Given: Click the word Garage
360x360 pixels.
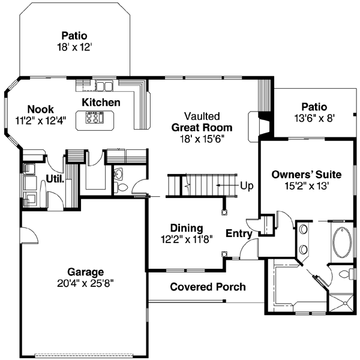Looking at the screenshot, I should point(85,271).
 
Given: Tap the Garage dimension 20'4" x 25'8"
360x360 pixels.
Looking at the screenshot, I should point(85,282).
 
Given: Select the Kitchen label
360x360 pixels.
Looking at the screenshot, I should point(101,103).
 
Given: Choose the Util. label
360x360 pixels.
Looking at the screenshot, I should point(56,178).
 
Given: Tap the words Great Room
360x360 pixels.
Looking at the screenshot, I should point(202,127).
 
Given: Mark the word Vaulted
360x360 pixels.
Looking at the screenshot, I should point(202,116).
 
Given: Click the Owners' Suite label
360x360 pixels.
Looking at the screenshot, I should point(306,175).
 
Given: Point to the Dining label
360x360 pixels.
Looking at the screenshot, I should point(186,228).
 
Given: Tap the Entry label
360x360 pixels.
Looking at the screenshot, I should point(238,233).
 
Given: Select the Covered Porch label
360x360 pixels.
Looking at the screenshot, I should point(208,287).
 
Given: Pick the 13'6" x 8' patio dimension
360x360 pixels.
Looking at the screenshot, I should point(314,118).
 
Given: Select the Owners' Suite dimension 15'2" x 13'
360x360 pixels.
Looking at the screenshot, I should point(306,185).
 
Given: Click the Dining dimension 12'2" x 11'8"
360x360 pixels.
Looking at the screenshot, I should point(186,239).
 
